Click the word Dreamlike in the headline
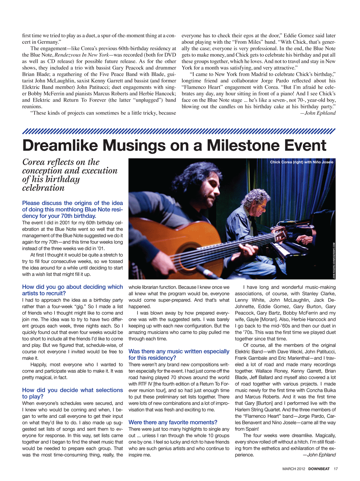[60, 145]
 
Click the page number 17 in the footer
[336, 469]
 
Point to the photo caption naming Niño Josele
[301, 162]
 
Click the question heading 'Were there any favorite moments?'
[173, 423]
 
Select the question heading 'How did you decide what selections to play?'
[72, 393]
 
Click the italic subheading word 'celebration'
[43, 188]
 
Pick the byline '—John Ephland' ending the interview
[319, 455]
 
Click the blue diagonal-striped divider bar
[179, 131]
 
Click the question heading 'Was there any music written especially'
[179, 351]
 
